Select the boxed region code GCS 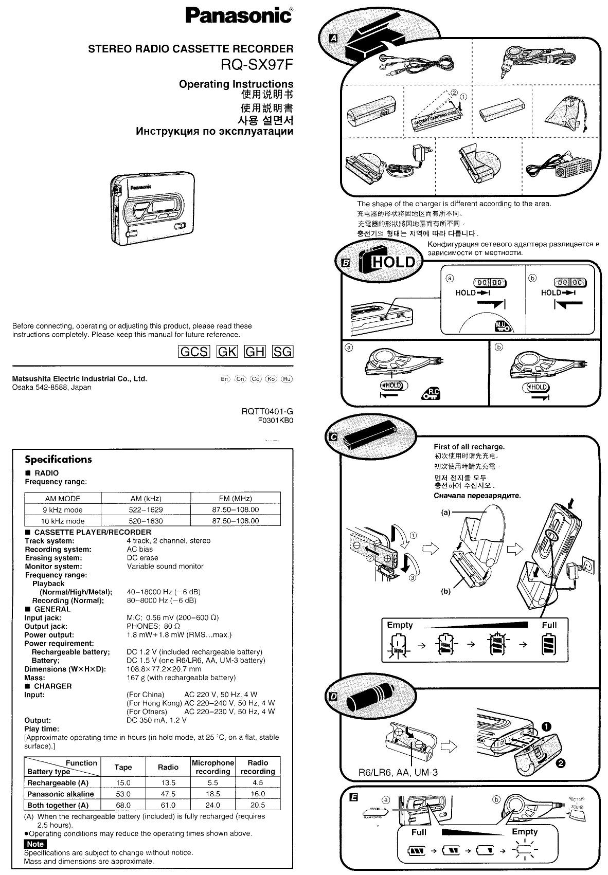point(193,352)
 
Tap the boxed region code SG point(282,352)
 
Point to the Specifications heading point(58,460)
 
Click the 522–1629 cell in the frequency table point(146,509)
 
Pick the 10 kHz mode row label point(63,521)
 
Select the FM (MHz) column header point(235,498)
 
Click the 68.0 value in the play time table point(123,805)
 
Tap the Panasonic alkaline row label point(60,794)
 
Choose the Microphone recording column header point(212,767)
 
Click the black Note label point(35,844)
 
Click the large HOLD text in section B point(393,262)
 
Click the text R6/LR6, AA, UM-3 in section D point(398,772)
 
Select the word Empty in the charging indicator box point(400,625)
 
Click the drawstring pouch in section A point(566,113)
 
